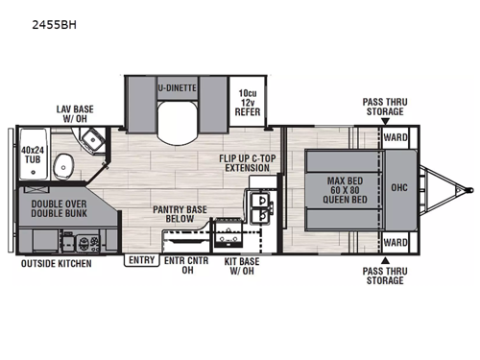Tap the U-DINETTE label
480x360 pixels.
[177, 88]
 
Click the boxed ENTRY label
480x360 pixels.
[139, 259]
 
